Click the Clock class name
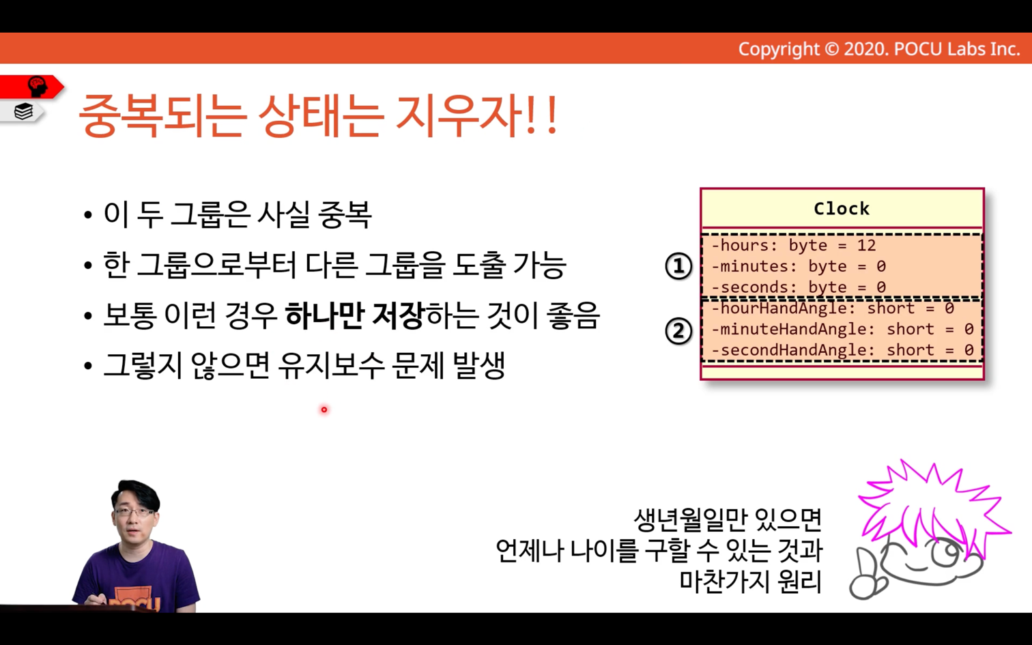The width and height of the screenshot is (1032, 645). [x=842, y=209]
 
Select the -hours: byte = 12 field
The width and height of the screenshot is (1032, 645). [x=793, y=246]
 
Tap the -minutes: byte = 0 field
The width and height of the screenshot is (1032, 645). [x=799, y=267]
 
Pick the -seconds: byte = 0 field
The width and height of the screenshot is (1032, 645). [x=799, y=287]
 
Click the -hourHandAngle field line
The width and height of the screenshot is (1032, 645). [x=833, y=309]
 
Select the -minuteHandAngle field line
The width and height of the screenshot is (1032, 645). [x=842, y=330]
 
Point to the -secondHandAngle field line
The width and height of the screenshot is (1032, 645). [x=842, y=350]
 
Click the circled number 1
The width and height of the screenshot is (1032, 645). [x=678, y=266]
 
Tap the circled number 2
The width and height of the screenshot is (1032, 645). [x=678, y=331]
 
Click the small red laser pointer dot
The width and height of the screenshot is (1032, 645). [x=324, y=410]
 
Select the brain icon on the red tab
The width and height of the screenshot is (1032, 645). [x=38, y=86]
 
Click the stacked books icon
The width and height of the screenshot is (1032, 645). [x=23, y=111]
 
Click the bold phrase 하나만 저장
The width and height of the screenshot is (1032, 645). [x=354, y=315]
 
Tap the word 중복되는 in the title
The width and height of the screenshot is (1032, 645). [x=161, y=115]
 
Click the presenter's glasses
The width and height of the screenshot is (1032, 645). [x=134, y=512]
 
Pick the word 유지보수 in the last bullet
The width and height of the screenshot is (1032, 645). [x=332, y=367]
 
